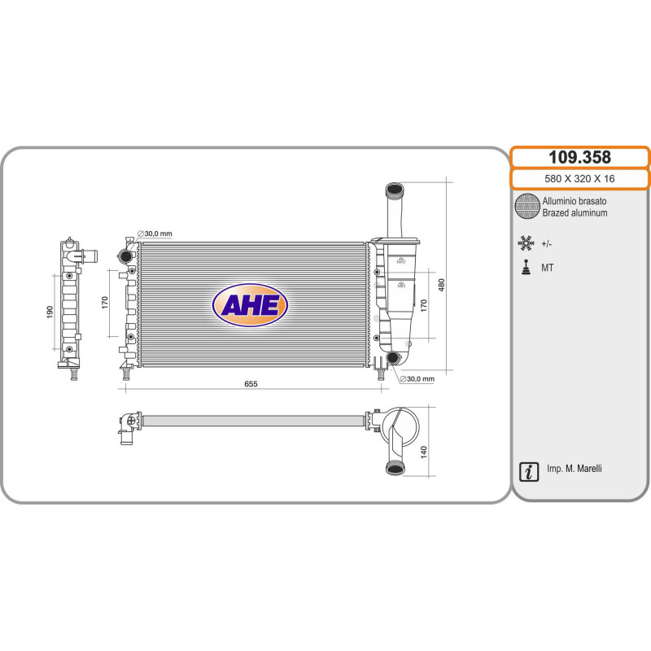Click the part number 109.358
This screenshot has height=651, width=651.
(579, 157)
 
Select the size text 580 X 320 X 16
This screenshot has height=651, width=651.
(579, 179)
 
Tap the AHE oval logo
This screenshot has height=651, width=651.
(250, 305)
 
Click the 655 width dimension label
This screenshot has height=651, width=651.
(251, 384)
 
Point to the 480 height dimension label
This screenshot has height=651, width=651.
(441, 285)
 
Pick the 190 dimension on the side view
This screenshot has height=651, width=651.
(50, 312)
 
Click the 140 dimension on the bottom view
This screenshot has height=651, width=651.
(423, 452)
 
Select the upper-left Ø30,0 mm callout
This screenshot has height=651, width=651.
(155, 234)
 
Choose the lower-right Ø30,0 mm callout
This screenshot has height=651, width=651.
(417, 379)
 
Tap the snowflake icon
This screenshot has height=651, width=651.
(526, 243)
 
